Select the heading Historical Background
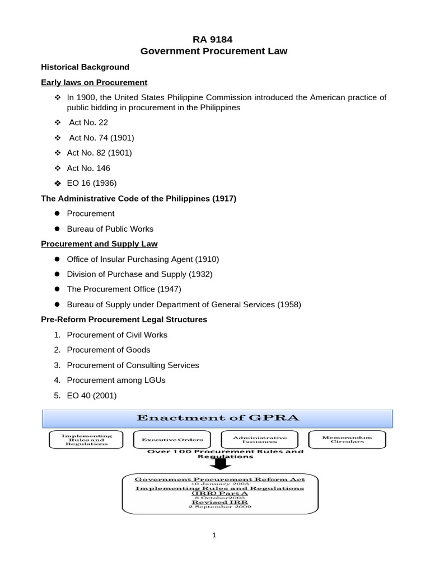coord(85,67)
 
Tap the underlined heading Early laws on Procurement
coord(94,82)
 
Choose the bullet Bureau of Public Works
coord(110,228)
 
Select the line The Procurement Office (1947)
coord(124,289)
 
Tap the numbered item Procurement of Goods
coord(109,350)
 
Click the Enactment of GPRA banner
coord(218,418)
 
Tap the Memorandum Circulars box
coord(347,439)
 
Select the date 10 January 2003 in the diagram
coord(219,484)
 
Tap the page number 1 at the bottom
coord(214,535)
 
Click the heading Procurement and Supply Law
coord(99,244)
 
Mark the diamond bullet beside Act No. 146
coord(57,168)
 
